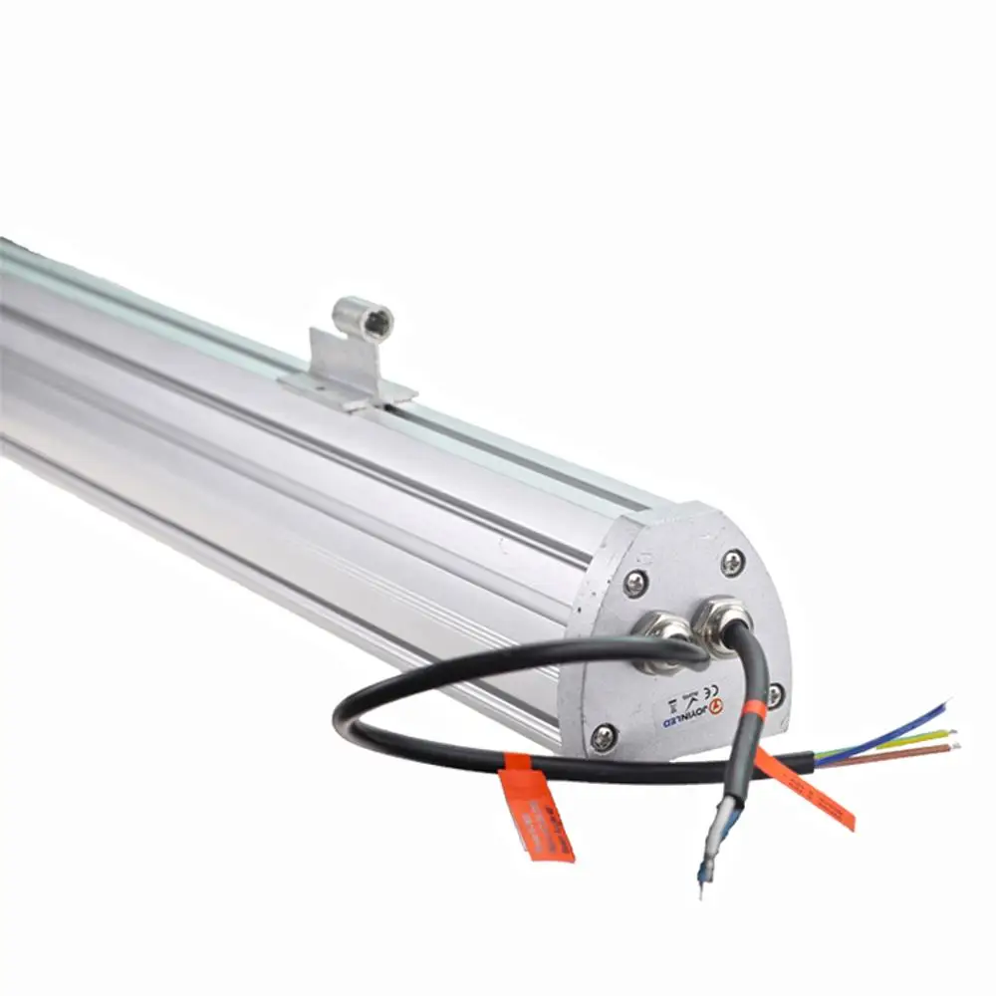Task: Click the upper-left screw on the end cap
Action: click(635, 584)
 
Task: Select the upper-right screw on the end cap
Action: click(732, 563)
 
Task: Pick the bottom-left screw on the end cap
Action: click(604, 737)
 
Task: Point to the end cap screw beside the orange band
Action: click(774, 694)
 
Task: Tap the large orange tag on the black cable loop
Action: click(538, 812)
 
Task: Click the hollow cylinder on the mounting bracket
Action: click(364, 318)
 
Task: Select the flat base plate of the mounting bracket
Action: click(349, 388)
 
